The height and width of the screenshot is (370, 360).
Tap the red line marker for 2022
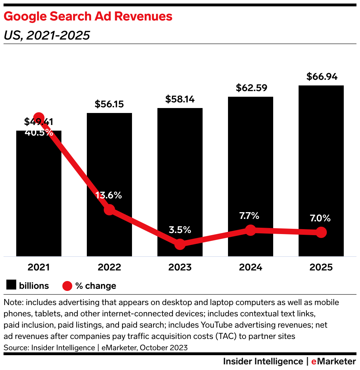coord(109,209)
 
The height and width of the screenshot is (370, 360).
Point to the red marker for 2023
coord(180,244)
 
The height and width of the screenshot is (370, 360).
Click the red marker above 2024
coord(251,230)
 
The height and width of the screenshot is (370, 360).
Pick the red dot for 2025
coord(321,232)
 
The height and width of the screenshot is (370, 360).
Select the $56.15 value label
coord(109,104)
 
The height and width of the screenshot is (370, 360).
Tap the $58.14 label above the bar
coord(180,99)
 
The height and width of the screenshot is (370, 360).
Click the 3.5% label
coord(180,230)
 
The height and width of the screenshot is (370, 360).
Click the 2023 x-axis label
coord(180,267)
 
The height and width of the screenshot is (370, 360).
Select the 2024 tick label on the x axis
coord(251,267)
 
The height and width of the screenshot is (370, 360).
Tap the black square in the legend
coord(11,285)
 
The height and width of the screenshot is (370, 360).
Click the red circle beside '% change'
coord(67,286)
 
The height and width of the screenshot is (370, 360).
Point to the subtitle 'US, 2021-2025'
coord(47,35)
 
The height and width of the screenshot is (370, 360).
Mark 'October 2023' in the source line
coord(163,347)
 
